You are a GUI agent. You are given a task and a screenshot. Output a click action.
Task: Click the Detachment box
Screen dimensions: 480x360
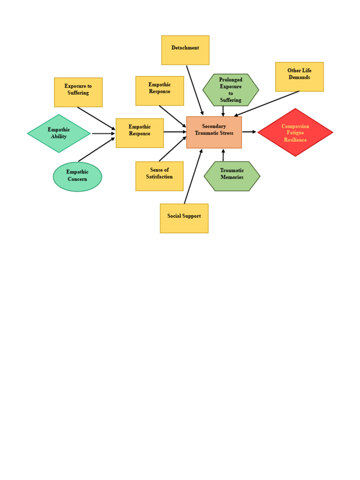coord(185,50)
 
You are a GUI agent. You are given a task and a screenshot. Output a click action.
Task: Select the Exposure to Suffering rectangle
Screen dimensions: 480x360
coord(78,92)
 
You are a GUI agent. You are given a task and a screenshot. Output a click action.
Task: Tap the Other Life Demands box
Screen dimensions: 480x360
coord(299,76)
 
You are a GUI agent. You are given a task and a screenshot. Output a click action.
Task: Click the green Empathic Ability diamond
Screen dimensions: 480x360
coord(59,133)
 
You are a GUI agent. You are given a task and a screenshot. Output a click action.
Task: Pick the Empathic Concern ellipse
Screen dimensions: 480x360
coord(77,176)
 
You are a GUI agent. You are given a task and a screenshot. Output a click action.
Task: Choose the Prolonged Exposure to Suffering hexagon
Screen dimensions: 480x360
coord(231,90)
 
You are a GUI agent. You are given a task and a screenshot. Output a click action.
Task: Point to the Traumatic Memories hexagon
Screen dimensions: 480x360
coord(232,176)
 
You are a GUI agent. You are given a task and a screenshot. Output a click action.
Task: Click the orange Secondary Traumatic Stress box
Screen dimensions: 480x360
coord(214,132)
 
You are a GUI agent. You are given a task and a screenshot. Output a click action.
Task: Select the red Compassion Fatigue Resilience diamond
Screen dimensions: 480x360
coord(295,132)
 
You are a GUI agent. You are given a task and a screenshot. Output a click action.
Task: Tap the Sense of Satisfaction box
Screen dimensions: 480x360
coord(159,176)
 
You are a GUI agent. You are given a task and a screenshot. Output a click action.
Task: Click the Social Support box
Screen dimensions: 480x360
coord(184,218)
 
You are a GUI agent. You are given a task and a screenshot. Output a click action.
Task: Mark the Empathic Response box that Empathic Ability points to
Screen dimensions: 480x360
coord(140,133)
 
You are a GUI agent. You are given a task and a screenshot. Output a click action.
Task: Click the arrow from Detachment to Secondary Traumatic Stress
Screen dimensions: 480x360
coord(195,90)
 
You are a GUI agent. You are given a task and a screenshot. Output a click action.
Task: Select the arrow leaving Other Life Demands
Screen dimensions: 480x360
coord(267,103)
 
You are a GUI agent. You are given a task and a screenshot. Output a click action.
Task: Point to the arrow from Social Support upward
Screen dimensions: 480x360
coord(193,177)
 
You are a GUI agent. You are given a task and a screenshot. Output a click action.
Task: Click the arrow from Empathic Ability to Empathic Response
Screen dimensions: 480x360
coord(103,134)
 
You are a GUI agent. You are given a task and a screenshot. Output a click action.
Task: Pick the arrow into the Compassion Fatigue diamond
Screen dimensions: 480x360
coord(249,132)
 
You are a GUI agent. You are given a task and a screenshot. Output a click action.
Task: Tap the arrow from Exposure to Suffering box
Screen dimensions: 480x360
coord(96,118)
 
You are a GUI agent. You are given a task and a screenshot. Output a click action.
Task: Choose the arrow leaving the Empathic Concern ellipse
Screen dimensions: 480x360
coord(97,150)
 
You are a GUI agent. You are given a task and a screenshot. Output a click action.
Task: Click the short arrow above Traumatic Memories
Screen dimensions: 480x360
coord(223,155)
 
